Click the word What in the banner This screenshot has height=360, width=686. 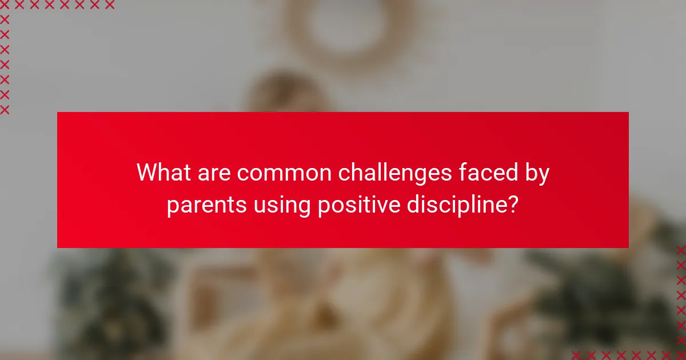pyautogui.click(x=163, y=173)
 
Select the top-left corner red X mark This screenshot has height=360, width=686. pyautogui.click(x=5, y=5)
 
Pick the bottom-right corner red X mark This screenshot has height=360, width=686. pyautogui.click(x=680, y=354)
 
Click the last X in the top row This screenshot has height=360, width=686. pyautogui.click(x=109, y=5)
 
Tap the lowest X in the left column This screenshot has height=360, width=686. pyautogui.click(x=5, y=110)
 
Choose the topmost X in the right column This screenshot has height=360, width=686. pyautogui.click(x=680, y=250)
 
